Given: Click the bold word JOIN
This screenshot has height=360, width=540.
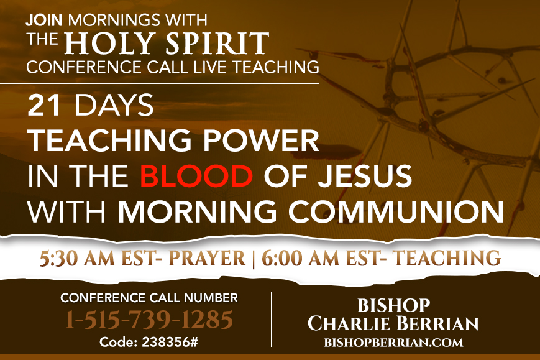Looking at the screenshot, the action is point(44,21).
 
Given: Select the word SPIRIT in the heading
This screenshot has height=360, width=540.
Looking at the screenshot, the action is point(217,44).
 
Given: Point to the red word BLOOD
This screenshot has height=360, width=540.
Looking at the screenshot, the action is point(196,176).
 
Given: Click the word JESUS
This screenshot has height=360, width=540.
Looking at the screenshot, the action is point(365,176).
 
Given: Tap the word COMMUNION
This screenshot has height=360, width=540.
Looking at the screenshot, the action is point(396,211).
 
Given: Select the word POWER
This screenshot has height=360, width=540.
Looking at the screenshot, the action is point(261,141).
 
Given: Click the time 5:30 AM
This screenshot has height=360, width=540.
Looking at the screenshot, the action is point(77,259).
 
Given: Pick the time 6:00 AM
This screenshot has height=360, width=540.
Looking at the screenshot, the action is point(300,259).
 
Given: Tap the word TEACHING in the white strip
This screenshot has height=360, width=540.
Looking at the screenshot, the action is point(447,259).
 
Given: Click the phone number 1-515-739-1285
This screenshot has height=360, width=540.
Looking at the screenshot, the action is point(149,320).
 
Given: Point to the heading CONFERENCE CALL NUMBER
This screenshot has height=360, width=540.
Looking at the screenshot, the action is point(149,298).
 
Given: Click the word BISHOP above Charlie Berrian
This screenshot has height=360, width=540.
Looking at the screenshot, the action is point(393,305).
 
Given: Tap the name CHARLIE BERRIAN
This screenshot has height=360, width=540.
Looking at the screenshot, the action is point(393,323).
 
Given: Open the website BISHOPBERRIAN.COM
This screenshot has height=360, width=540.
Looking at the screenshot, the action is point(393,343).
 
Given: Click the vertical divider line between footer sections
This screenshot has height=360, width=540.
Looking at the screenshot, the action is point(272,320).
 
